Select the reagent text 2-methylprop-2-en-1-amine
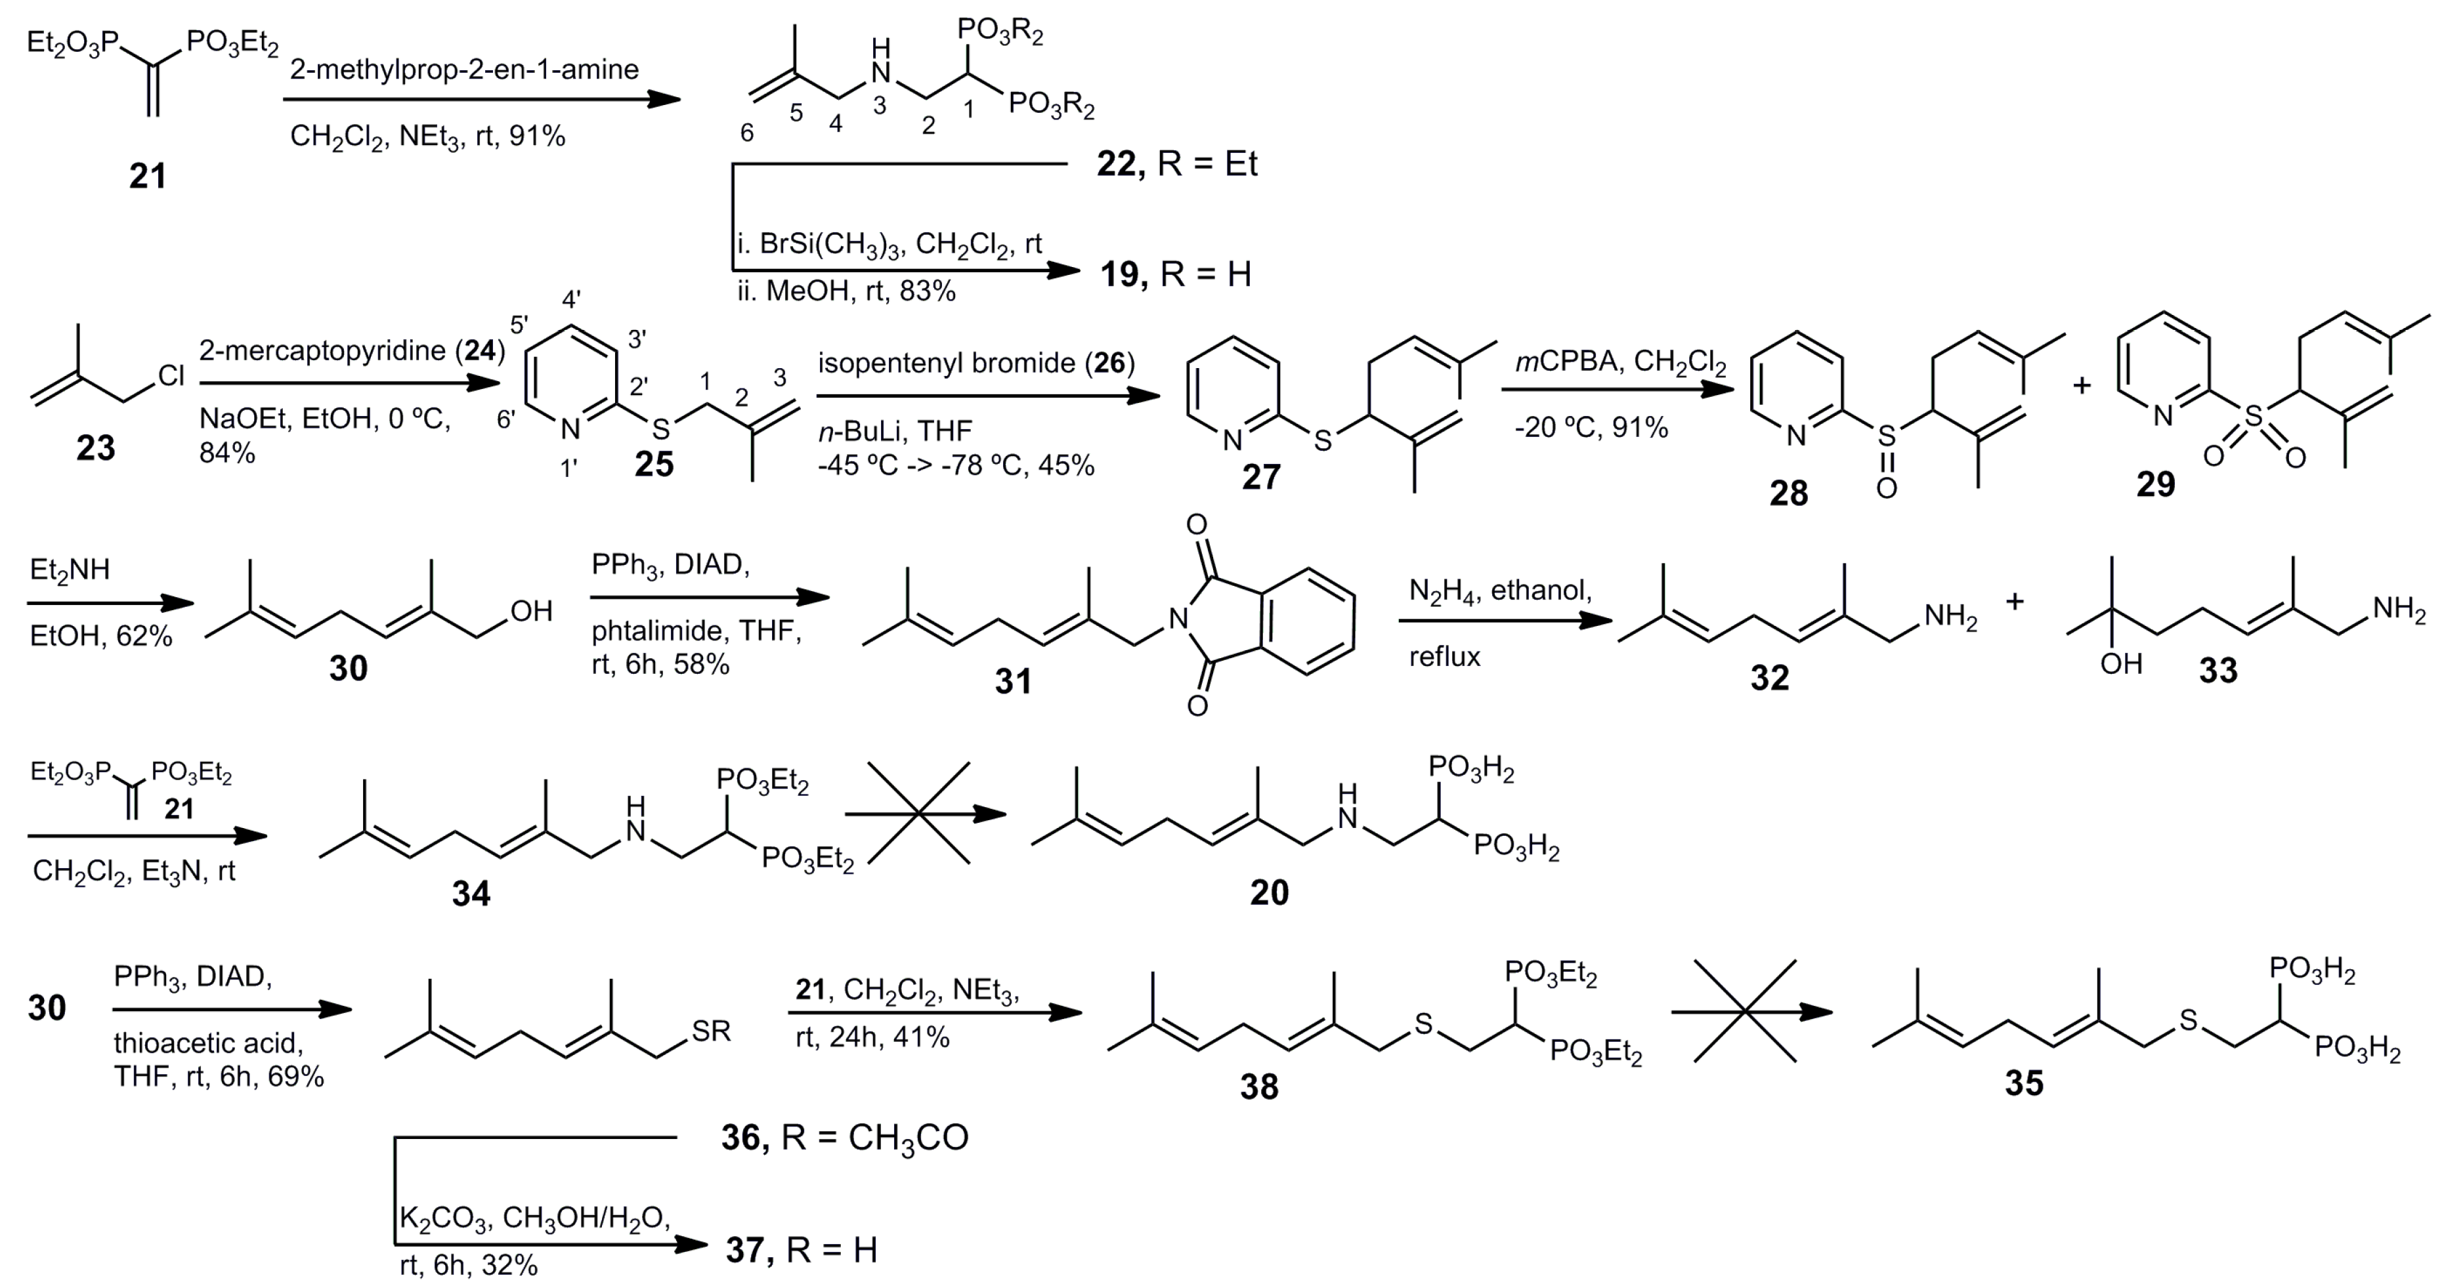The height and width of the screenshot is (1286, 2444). (464, 70)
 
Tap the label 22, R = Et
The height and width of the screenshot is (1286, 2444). (1176, 164)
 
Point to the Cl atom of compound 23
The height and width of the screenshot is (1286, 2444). (171, 377)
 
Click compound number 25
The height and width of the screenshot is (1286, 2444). (654, 464)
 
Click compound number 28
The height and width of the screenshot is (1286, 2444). (1788, 493)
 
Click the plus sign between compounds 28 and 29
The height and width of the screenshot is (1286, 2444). (2082, 385)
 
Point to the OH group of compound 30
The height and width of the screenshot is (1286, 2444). (530, 611)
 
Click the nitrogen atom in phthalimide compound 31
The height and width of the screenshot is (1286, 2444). (1178, 619)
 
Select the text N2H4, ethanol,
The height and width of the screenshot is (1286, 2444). (1500, 591)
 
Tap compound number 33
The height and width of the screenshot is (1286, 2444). (2218, 671)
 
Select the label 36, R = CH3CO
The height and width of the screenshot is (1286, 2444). (844, 1137)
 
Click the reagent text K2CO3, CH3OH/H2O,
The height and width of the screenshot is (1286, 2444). (534, 1218)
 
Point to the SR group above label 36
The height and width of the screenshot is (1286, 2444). (711, 1031)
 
